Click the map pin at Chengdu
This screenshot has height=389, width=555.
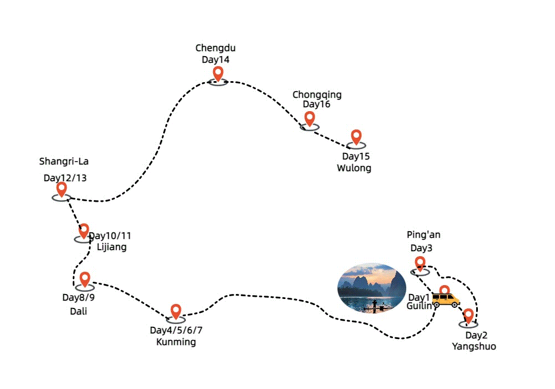tap(218, 74)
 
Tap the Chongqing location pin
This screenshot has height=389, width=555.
tap(310, 118)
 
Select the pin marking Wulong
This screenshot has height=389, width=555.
tap(356, 137)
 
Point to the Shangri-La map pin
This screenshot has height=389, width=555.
tap(62, 189)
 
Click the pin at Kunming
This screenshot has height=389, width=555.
tap(176, 312)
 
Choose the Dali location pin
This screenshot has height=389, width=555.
tap(84, 280)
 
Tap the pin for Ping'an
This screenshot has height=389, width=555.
tap(420, 263)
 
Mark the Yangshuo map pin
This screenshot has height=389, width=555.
tap(468, 316)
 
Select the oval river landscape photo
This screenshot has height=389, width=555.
tap(371, 287)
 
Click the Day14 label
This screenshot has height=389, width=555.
tap(215, 59)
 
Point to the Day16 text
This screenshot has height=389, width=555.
tap(316, 104)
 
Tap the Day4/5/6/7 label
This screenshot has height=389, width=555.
tap(176, 330)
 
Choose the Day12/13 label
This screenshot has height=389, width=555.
tap(65, 178)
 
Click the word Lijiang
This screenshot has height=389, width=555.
tap(112, 247)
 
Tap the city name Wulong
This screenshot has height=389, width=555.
tap(354, 168)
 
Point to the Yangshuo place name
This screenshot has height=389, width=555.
tap(473, 347)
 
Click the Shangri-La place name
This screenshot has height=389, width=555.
tap(64, 162)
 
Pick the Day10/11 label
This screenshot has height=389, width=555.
tap(111, 236)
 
